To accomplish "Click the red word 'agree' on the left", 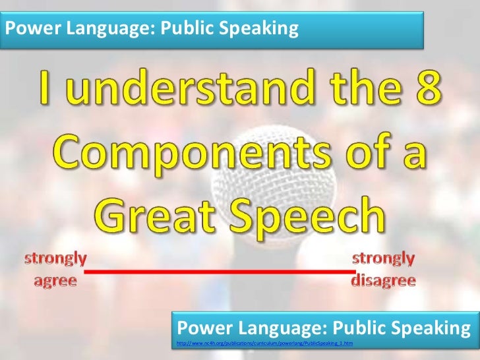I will (x=55, y=281).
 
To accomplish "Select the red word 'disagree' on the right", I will (x=384, y=281).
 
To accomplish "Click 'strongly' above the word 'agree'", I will (x=55, y=258).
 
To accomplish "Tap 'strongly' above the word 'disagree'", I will (x=384, y=258).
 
